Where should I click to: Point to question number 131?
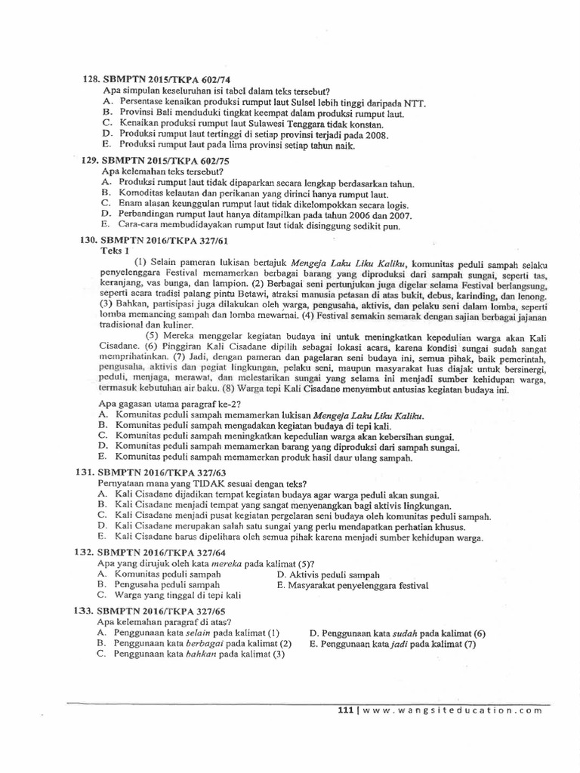click(87, 471)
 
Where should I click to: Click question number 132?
click(87, 553)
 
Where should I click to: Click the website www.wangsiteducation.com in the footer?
click(453, 710)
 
